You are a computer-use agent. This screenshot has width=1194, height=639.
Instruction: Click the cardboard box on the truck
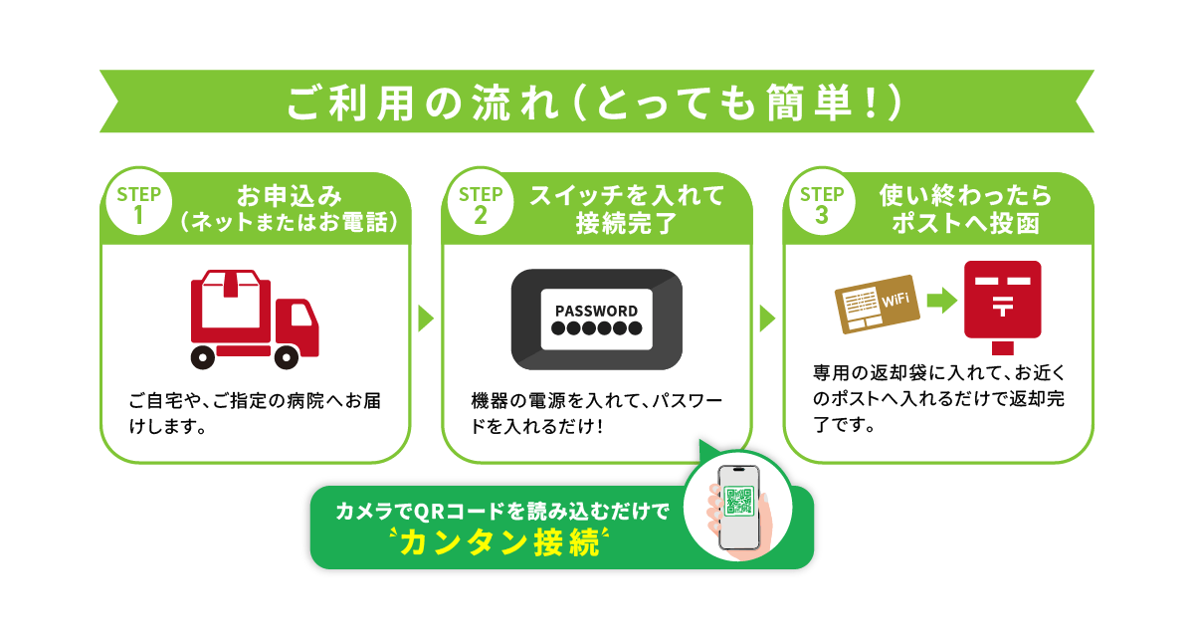coord(231,299)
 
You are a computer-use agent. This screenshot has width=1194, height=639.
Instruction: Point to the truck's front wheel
coord(287,357)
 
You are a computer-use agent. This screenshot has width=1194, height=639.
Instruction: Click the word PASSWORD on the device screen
coord(596,311)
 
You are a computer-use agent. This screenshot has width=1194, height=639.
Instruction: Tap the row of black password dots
coord(596,328)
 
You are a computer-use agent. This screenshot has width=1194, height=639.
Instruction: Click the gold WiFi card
coord(877,304)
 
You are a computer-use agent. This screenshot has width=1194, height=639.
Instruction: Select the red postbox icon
coord(1002,307)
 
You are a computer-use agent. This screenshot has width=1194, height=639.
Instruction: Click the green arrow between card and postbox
coord(942,301)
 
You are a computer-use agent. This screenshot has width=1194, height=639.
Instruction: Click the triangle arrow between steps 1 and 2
coord(426,319)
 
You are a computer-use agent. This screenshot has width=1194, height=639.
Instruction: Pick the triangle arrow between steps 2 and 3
coord(767,319)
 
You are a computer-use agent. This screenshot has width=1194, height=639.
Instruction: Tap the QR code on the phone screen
coord(738,502)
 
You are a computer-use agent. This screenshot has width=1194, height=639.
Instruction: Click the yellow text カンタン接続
coord(499,543)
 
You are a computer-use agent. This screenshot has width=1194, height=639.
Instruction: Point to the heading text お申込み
coord(289,196)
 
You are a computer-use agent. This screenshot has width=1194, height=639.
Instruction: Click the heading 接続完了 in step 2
coord(626,223)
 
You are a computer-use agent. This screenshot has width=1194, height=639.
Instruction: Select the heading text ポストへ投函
coord(966,223)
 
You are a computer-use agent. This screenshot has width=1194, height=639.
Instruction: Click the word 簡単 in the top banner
coord(809,102)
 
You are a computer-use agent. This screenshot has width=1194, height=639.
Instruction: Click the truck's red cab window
coord(300,314)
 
